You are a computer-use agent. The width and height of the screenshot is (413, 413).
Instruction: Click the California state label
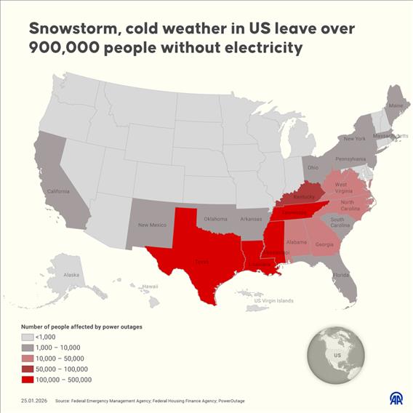(x=58, y=191)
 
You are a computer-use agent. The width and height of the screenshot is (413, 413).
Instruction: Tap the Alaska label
(x=71, y=275)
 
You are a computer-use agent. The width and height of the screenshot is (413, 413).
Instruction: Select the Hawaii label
(x=150, y=286)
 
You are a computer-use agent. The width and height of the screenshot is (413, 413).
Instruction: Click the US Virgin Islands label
(x=273, y=300)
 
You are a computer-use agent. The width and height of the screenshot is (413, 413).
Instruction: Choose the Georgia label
(x=324, y=244)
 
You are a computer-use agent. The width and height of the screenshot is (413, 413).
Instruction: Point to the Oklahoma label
(x=216, y=218)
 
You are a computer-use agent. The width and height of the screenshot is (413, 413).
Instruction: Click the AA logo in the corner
(x=396, y=398)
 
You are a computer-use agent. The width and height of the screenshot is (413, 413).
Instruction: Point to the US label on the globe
(x=337, y=356)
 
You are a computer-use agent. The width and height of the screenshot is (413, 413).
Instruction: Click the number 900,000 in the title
(x=62, y=49)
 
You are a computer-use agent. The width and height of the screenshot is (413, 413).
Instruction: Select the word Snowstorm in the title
(x=73, y=28)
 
